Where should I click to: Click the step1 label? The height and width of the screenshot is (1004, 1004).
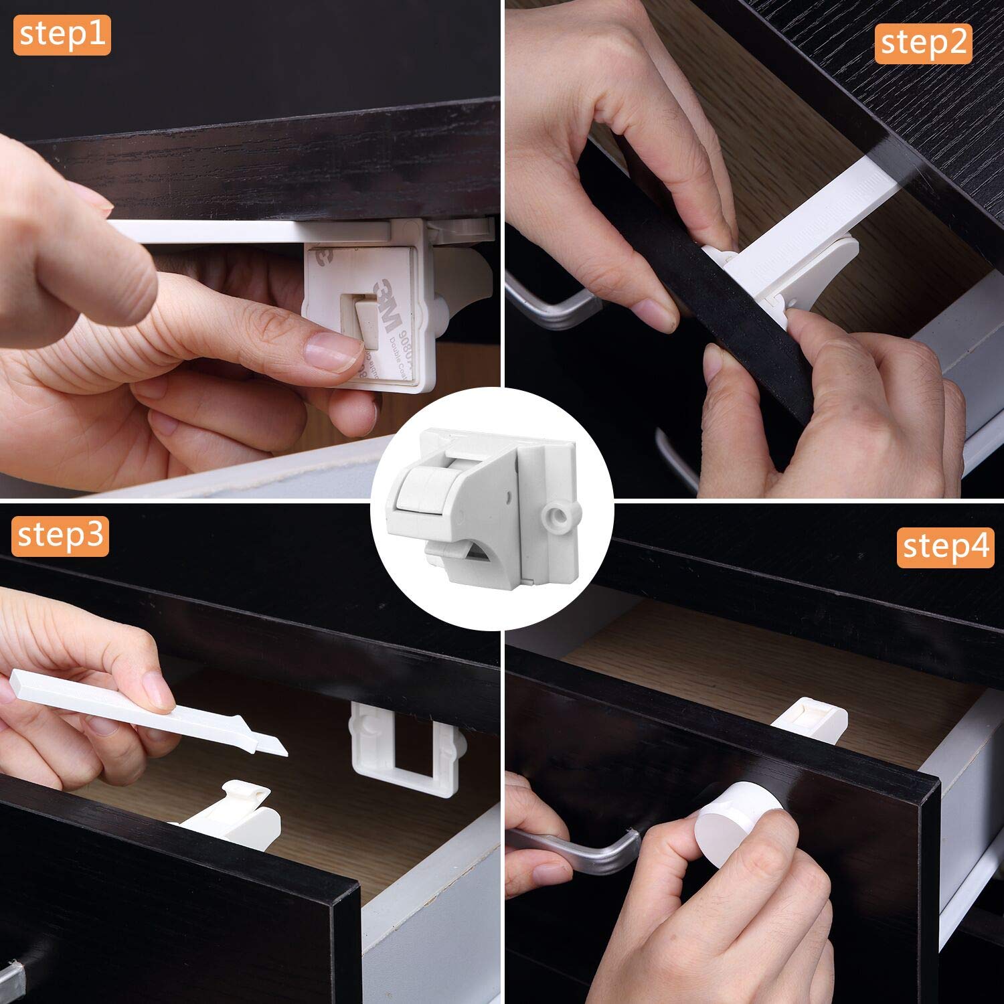coord(62,35)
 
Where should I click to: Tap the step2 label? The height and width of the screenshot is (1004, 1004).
coord(923,43)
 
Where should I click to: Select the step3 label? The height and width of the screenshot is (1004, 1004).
coord(60,535)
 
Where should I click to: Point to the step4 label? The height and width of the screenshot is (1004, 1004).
coord(945,546)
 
